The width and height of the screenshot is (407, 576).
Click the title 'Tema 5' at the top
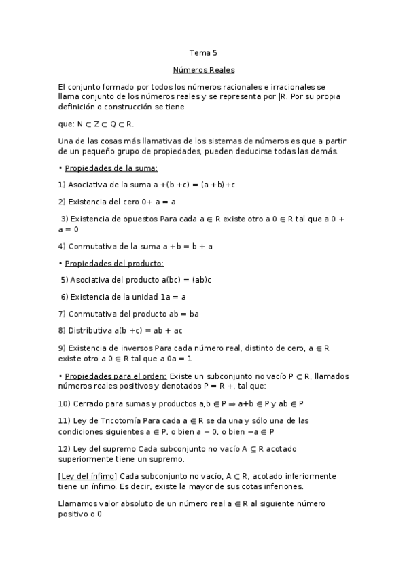pyautogui.click(x=203, y=52)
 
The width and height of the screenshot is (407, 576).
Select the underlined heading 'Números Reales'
pyautogui.click(x=203, y=69)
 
